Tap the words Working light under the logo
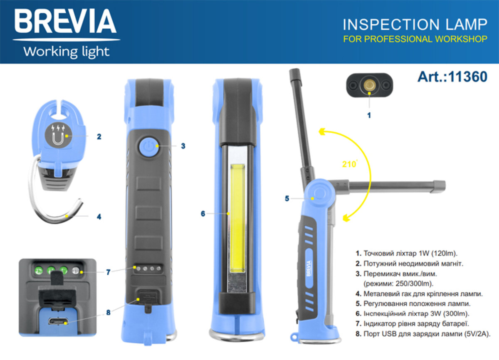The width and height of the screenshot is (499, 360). pos(67,52)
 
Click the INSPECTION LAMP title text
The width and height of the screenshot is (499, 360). pos(415,25)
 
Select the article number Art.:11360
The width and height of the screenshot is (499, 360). pos(452,77)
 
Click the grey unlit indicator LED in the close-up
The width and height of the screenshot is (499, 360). pos(75,271)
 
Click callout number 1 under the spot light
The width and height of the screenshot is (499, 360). pos(369,115)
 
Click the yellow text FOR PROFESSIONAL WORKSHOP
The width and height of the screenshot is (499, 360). pos(415,40)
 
